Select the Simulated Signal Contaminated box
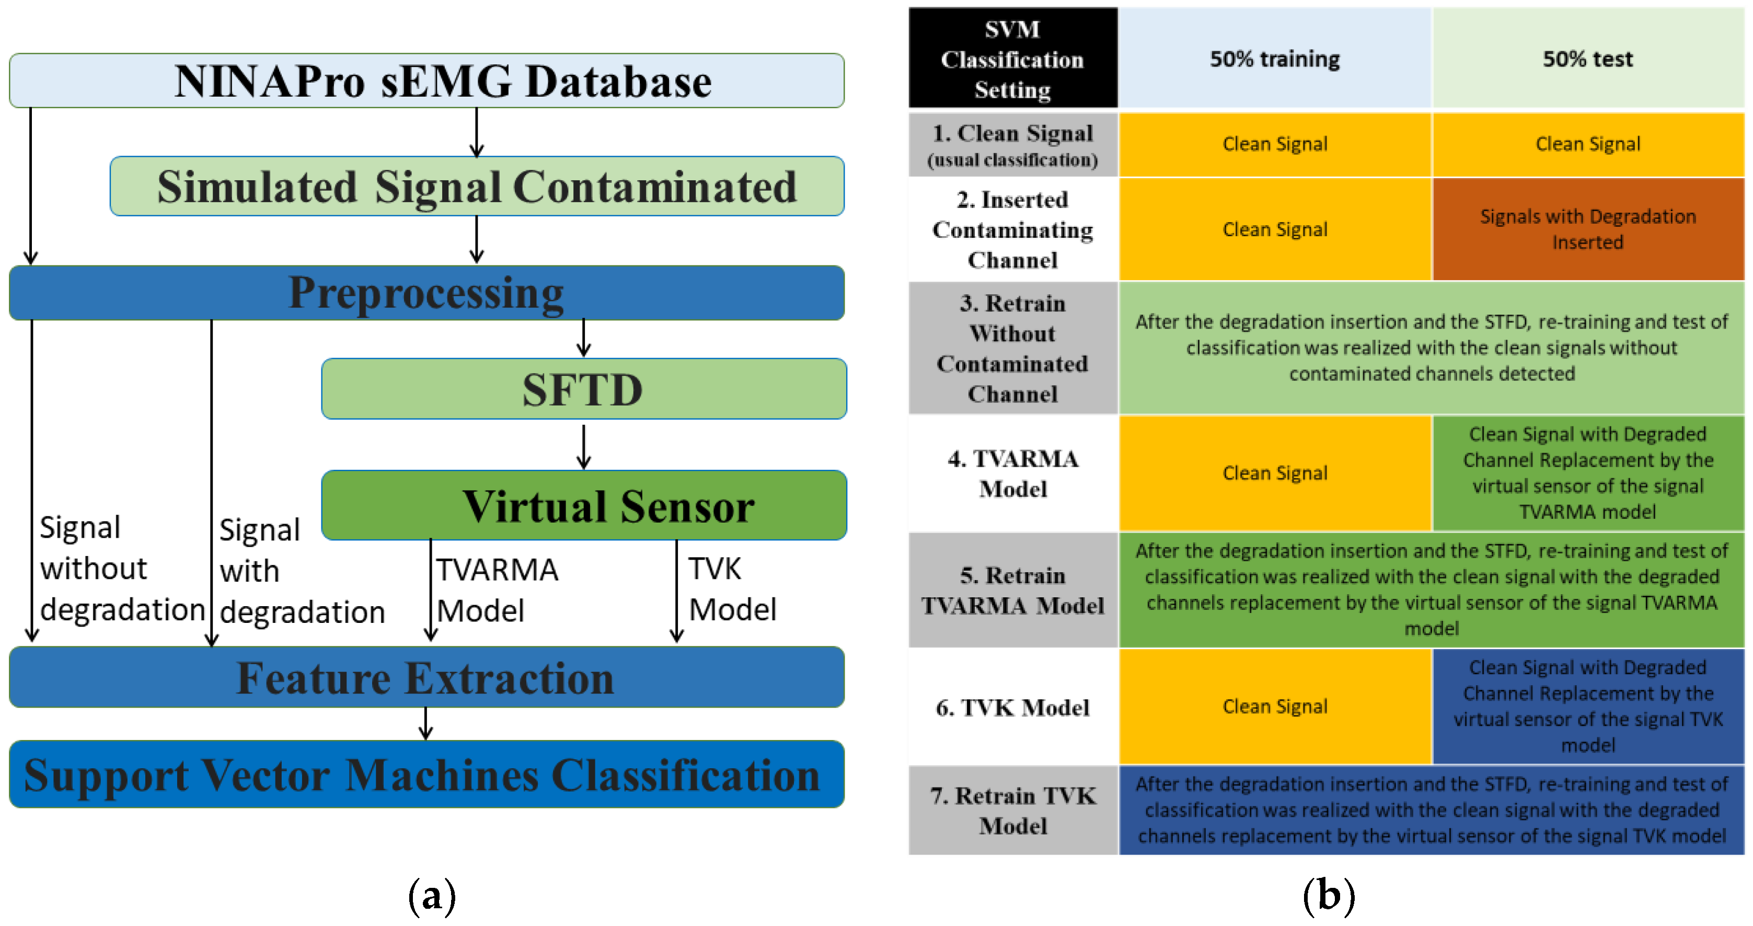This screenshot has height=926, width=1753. pyautogui.click(x=476, y=187)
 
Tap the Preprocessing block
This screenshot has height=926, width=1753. pyautogui.click(x=426, y=293)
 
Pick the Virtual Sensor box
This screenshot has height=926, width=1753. pyautogui.click(x=583, y=505)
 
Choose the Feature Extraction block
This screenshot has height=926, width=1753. pyautogui.click(x=426, y=678)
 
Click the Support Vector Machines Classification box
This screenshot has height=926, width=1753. pyautogui.click(x=426, y=775)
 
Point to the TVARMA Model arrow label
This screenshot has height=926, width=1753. pyautogui.click(x=497, y=590)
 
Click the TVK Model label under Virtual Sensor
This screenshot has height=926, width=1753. pyautogui.click(x=732, y=589)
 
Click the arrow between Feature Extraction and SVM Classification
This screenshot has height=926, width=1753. pyautogui.click(x=426, y=724)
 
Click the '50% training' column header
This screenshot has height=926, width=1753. pyautogui.click(x=1275, y=59)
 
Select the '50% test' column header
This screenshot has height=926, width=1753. pyautogui.click(x=1588, y=59)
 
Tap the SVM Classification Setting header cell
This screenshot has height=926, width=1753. pyautogui.click(x=1012, y=59)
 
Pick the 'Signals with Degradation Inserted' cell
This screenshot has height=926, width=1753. pyautogui.click(x=1588, y=229)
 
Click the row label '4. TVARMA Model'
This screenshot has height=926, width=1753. pyautogui.click(x=1012, y=473)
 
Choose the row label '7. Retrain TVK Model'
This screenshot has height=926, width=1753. pyautogui.click(x=1012, y=811)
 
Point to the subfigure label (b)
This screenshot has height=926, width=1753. pyautogui.click(x=1329, y=895)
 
